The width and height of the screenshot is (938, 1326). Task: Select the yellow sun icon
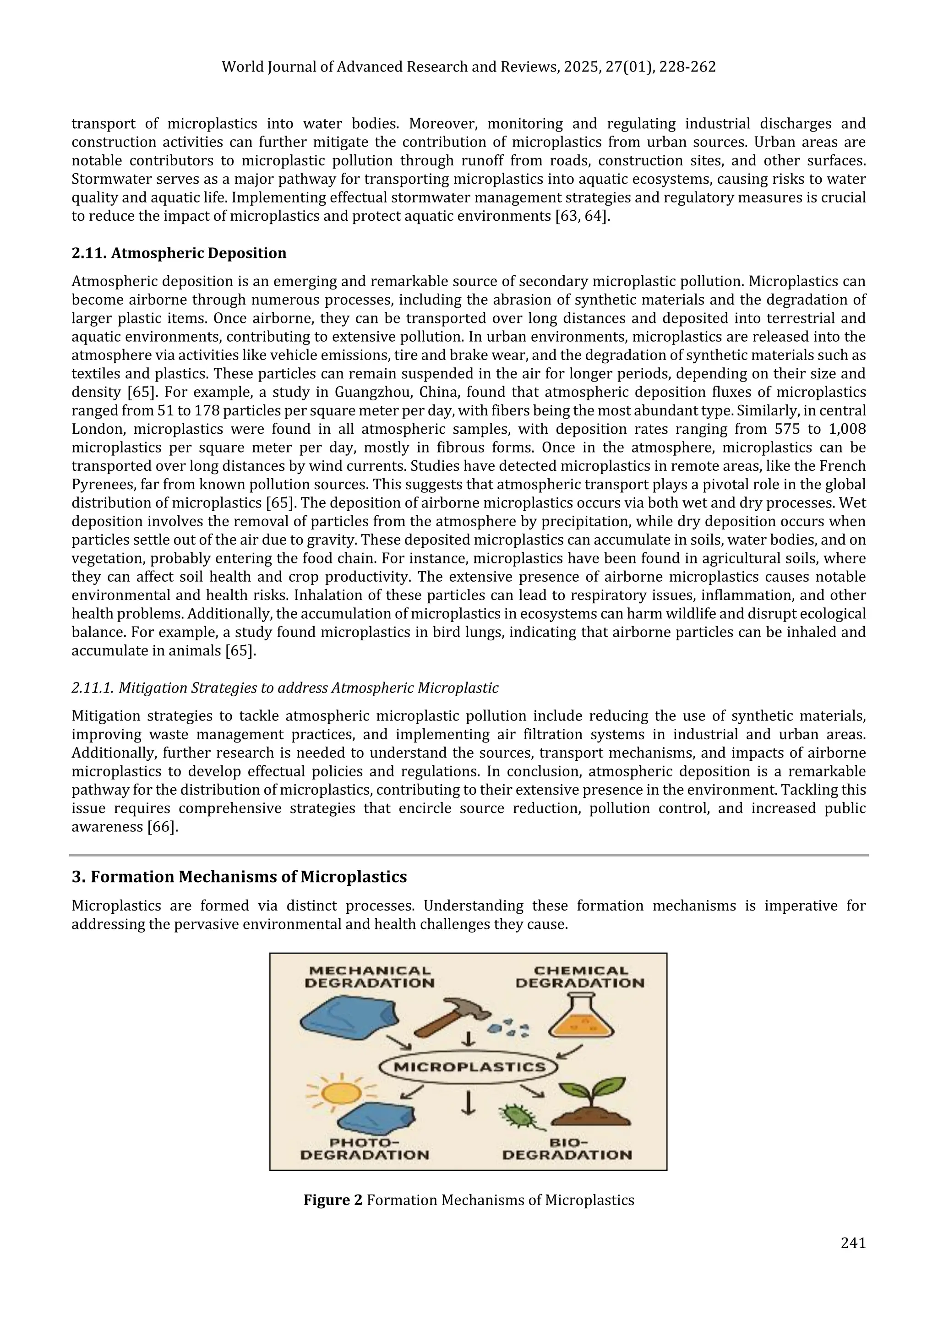[x=341, y=1091]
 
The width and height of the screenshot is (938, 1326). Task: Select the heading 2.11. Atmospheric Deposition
[x=179, y=253]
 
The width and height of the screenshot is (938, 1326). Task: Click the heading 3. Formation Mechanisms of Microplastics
[x=239, y=877]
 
